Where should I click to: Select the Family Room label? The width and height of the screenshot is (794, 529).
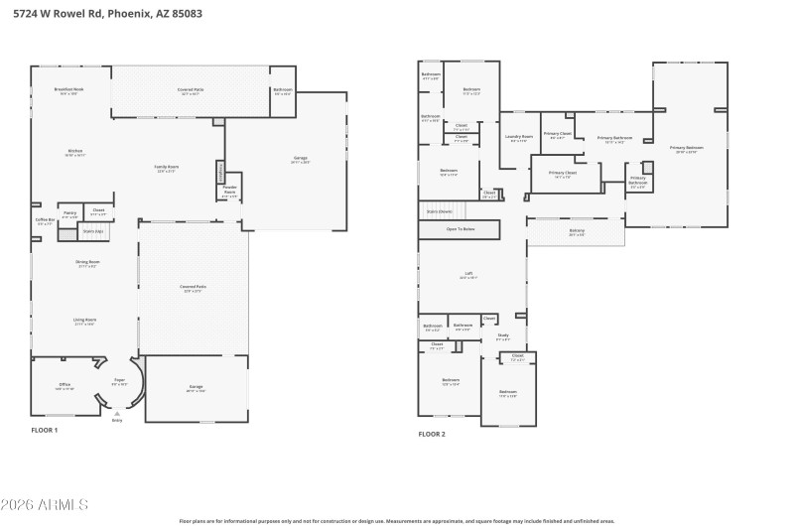pyautogui.click(x=166, y=168)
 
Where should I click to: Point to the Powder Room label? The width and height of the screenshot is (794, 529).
pyautogui.click(x=229, y=189)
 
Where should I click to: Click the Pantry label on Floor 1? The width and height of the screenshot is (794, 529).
pyautogui.click(x=69, y=213)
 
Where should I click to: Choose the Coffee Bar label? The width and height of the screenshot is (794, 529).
pyautogui.click(x=45, y=221)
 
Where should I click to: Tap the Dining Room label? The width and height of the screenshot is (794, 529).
pyautogui.click(x=88, y=263)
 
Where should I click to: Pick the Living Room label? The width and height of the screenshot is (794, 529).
pyautogui.click(x=84, y=321)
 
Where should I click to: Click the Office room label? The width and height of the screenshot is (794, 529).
pyautogui.click(x=64, y=386)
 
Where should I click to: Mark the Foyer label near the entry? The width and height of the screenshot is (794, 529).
pyautogui.click(x=119, y=381)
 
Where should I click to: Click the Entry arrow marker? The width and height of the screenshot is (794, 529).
pyautogui.click(x=117, y=413)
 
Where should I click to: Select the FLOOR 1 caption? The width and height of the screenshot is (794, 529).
pyautogui.click(x=45, y=430)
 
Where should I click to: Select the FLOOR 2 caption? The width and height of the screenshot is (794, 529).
pyautogui.click(x=432, y=434)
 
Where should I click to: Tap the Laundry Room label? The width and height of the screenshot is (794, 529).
pyautogui.click(x=519, y=138)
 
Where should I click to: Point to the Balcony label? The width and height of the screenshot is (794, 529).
pyautogui.click(x=577, y=232)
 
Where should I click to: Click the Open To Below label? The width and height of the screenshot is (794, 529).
pyautogui.click(x=461, y=229)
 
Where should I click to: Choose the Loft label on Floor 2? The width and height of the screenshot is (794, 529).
pyautogui.click(x=468, y=276)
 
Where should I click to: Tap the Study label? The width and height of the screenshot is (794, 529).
pyautogui.click(x=503, y=336)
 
